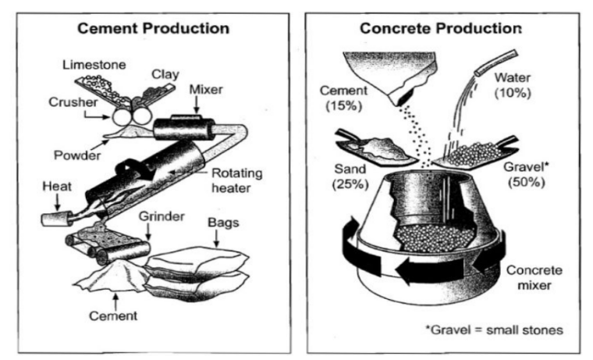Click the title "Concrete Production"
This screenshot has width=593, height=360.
point(439,29)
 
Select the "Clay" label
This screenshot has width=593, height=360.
point(165,75)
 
